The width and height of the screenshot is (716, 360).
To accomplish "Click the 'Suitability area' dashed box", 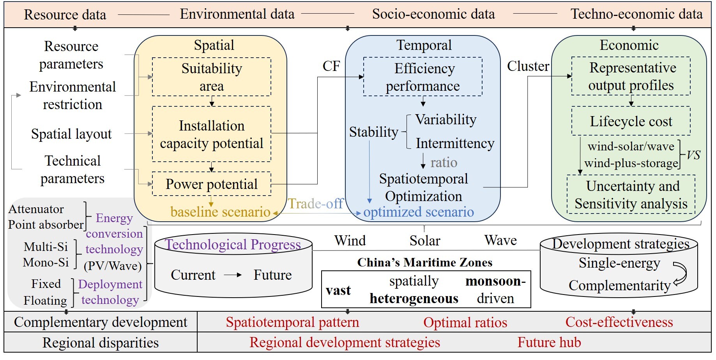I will pyautogui.click(x=211, y=77).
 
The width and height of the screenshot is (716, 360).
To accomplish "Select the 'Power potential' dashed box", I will pyautogui.click(x=211, y=184).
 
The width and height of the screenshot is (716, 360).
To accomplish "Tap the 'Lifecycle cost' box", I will pyautogui.click(x=631, y=121).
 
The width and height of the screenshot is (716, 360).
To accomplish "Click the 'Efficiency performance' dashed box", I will pyautogui.click(x=423, y=77).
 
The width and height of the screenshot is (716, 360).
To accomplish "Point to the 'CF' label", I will pyautogui.click(x=331, y=66).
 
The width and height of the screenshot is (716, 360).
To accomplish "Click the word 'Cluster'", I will pyautogui.click(x=528, y=66).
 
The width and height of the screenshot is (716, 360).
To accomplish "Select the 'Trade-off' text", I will pyautogui.click(x=315, y=203).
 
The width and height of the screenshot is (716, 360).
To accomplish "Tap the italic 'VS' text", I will pyautogui.click(x=693, y=155).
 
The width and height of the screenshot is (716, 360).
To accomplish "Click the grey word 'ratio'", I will pyautogui.click(x=444, y=162).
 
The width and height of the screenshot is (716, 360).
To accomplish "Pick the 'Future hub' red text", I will pyautogui.click(x=549, y=342).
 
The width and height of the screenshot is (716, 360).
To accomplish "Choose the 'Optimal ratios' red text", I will pyautogui.click(x=465, y=323).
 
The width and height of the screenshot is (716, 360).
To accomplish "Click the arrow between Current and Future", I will pyautogui.click(x=233, y=275).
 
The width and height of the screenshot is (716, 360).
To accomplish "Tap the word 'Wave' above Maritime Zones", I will pyautogui.click(x=500, y=240).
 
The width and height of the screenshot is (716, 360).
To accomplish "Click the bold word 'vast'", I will pyautogui.click(x=338, y=291).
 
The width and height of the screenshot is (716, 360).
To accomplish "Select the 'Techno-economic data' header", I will pyautogui.click(x=636, y=14).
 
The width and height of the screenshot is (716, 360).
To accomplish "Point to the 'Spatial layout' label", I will pyautogui.click(x=71, y=134).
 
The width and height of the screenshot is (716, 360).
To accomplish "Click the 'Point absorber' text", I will pyautogui.click(x=46, y=225).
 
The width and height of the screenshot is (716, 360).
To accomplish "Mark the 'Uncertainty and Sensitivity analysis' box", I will pyautogui.click(x=631, y=195).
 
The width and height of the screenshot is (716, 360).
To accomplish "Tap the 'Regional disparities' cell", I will pyautogui.click(x=101, y=343).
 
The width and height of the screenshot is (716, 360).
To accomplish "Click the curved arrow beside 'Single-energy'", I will pyautogui.click(x=681, y=274).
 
